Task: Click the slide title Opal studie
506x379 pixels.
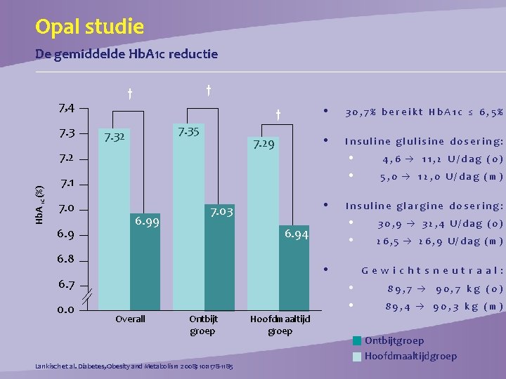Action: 89,27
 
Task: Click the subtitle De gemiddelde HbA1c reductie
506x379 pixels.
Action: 126,54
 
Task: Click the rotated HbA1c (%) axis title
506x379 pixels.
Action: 40,204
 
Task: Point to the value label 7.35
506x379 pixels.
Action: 188,132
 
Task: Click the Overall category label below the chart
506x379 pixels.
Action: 130,319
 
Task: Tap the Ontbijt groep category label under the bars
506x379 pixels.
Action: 204,325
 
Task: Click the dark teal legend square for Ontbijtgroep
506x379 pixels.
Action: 358,341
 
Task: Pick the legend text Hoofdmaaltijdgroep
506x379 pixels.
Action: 410,356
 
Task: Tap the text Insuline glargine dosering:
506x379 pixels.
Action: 424,206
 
